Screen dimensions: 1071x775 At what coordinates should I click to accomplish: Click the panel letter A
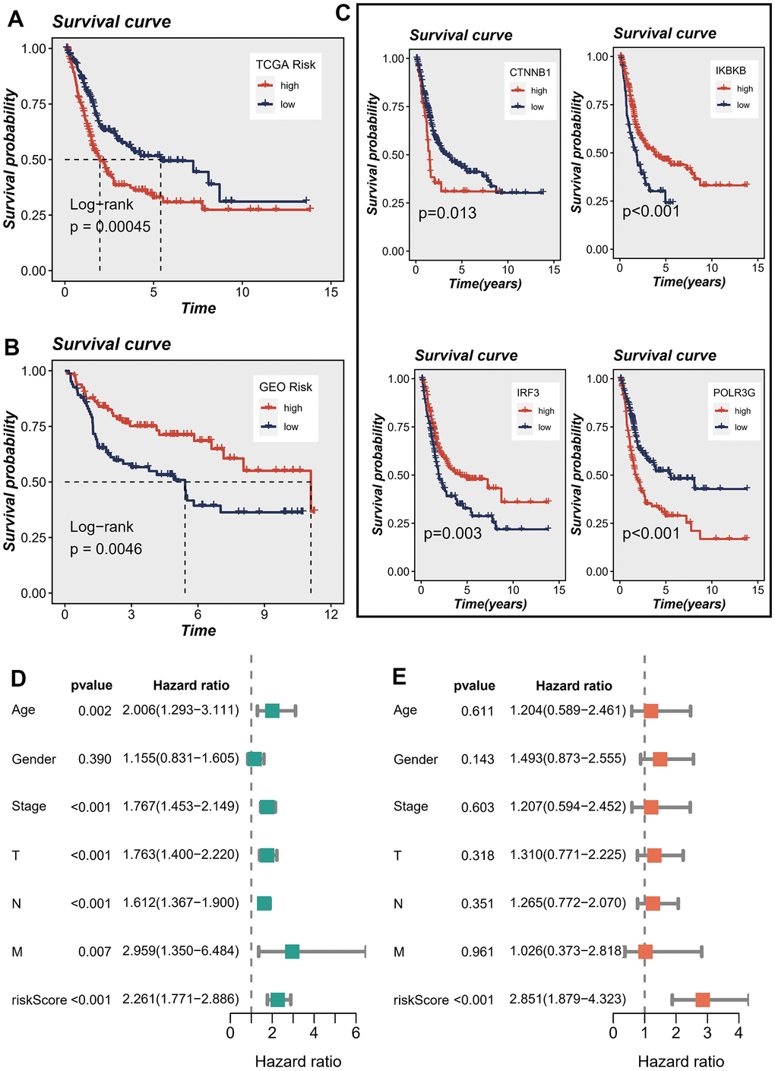(14, 19)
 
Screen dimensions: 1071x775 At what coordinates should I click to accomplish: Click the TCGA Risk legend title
(285, 65)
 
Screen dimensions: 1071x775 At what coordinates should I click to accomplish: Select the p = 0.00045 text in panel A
(110, 226)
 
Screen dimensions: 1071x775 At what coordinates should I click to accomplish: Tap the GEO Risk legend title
(286, 387)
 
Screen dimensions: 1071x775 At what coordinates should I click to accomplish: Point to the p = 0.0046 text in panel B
(106, 549)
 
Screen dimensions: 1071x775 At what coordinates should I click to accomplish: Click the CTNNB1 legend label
(530, 72)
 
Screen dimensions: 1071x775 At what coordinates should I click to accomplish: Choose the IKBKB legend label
(730, 71)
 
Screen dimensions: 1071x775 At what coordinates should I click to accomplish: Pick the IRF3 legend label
(528, 393)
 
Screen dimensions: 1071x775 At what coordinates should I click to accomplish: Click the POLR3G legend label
(734, 393)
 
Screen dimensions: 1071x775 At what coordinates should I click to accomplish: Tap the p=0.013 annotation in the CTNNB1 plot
(448, 213)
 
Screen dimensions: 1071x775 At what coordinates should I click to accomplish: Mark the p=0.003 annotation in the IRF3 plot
(453, 534)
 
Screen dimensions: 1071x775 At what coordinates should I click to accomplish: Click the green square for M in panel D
(292, 951)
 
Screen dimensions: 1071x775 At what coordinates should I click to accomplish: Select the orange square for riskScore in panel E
(702, 1000)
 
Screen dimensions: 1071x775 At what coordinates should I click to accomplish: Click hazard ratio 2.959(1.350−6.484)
(181, 951)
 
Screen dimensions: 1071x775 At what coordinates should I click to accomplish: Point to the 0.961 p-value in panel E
(477, 952)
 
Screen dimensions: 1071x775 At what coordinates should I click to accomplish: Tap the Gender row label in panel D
(33, 760)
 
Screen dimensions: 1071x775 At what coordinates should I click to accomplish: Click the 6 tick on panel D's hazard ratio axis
(356, 1033)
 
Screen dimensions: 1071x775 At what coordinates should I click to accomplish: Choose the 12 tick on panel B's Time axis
(331, 614)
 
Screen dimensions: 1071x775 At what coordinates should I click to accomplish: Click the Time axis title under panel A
(198, 308)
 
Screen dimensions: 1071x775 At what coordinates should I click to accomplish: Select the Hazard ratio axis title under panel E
(681, 1062)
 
